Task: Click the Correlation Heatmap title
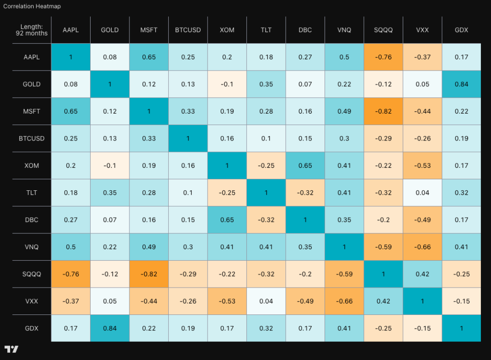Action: coord(32,7)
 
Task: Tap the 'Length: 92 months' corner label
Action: coord(32,30)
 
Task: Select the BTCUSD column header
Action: coord(188,30)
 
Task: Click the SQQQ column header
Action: coord(384,30)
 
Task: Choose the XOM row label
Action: coord(32,165)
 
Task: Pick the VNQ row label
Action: coord(32,247)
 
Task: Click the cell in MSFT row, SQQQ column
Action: coord(384,111)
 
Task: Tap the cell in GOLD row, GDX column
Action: coord(461,84)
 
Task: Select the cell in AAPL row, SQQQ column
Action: coord(384,57)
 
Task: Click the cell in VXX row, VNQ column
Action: coord(344,301)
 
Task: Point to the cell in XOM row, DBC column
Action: coord(305,165)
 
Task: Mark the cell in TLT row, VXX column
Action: coord(422,193)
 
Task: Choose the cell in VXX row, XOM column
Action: coord(227,301)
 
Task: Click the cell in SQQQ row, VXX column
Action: coord(422,274)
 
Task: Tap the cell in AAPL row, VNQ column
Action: coord(344,57)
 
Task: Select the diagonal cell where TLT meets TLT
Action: coord(266,193)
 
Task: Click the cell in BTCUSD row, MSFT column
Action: coord(149,139)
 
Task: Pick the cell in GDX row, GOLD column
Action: coord(110,328)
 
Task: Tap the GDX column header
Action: coord(461,30)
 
